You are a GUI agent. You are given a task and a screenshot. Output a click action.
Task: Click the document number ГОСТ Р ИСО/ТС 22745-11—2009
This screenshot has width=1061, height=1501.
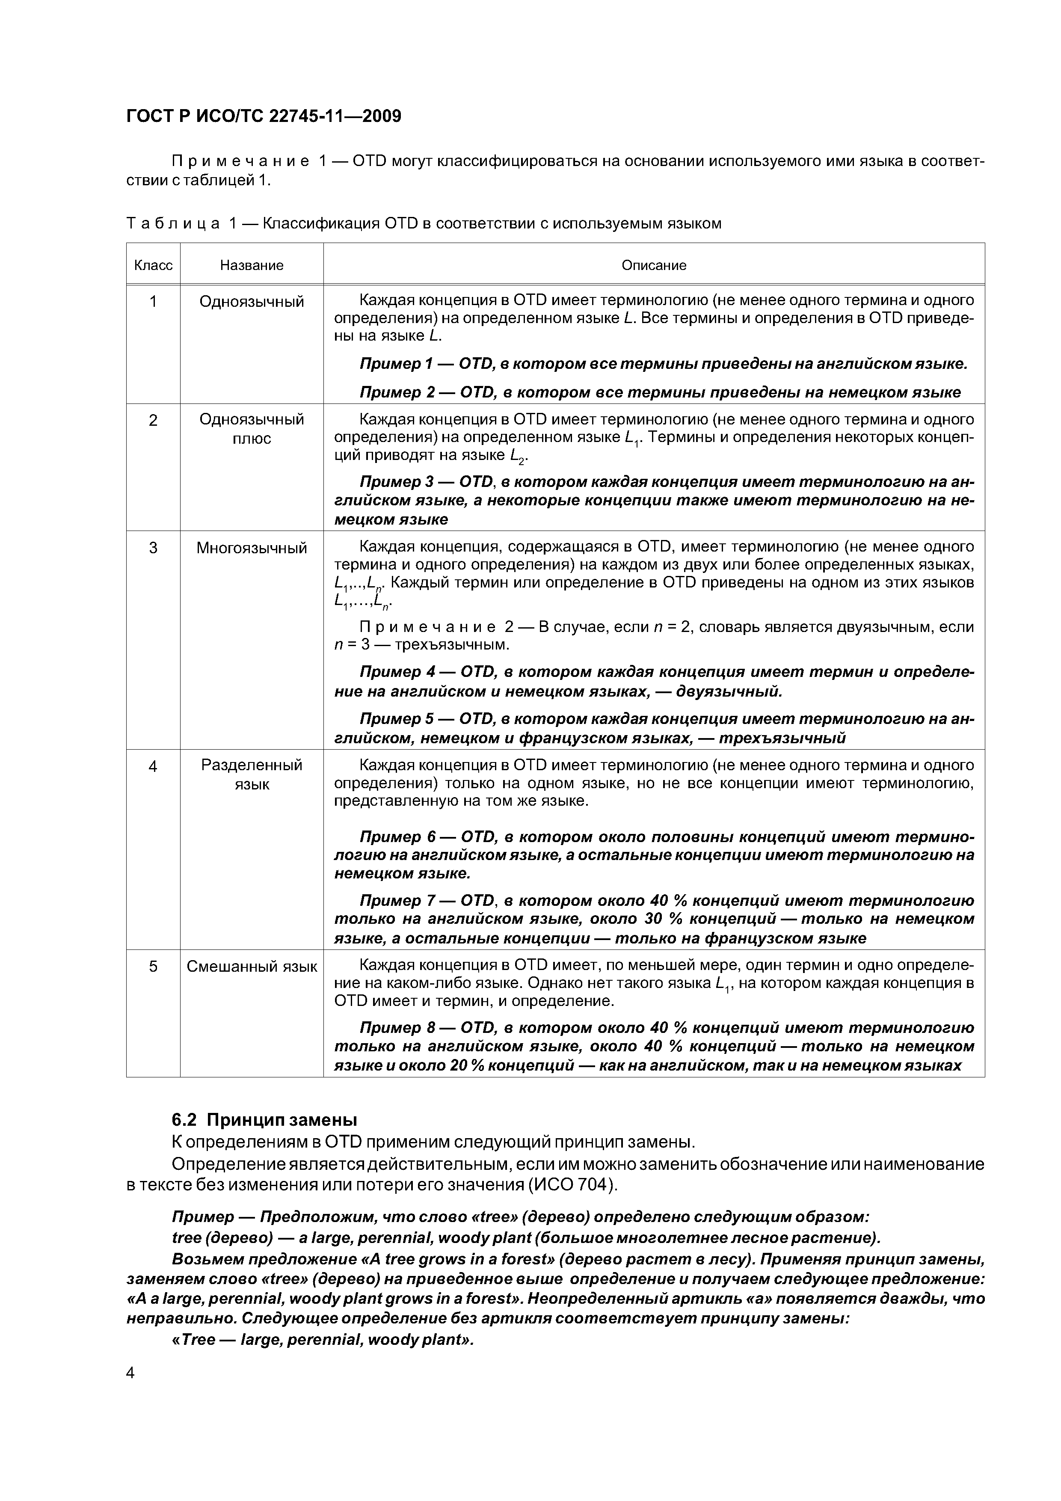(x=264, y=116)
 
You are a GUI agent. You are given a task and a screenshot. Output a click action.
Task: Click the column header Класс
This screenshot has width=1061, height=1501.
(x=153, y=265)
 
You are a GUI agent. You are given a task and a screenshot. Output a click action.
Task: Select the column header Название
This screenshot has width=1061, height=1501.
(x=252, y=265)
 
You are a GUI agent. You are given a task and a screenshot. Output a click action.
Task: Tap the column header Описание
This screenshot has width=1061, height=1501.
(x=654, y=265)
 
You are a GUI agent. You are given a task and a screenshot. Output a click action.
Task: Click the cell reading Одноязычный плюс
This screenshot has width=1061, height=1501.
(x=252, y=429)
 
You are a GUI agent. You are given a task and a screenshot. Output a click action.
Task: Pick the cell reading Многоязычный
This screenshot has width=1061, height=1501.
(x=252, y=548)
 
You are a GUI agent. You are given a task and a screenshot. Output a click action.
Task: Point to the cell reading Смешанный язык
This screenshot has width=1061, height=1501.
(x=252, y=966)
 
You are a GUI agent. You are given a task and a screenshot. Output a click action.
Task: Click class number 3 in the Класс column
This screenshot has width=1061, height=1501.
(x=153, y=548)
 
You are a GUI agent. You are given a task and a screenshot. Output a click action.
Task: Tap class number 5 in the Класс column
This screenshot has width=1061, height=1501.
(x=153, y=966)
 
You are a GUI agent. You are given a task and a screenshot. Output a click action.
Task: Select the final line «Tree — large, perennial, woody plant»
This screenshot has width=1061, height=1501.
(x=322, y=1340)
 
